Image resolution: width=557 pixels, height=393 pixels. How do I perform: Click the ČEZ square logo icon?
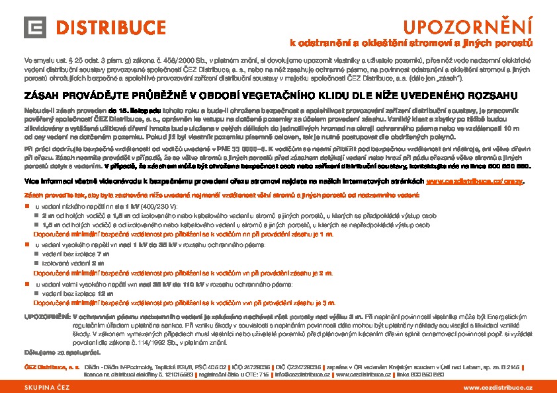pos(36,28)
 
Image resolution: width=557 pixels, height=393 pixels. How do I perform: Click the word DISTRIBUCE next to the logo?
pos(110,28)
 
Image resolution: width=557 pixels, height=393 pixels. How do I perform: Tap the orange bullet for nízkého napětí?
pos(27,207)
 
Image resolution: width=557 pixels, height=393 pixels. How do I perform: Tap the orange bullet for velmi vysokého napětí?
pos(27,284)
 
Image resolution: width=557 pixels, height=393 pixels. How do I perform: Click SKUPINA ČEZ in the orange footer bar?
pos(47,387)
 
